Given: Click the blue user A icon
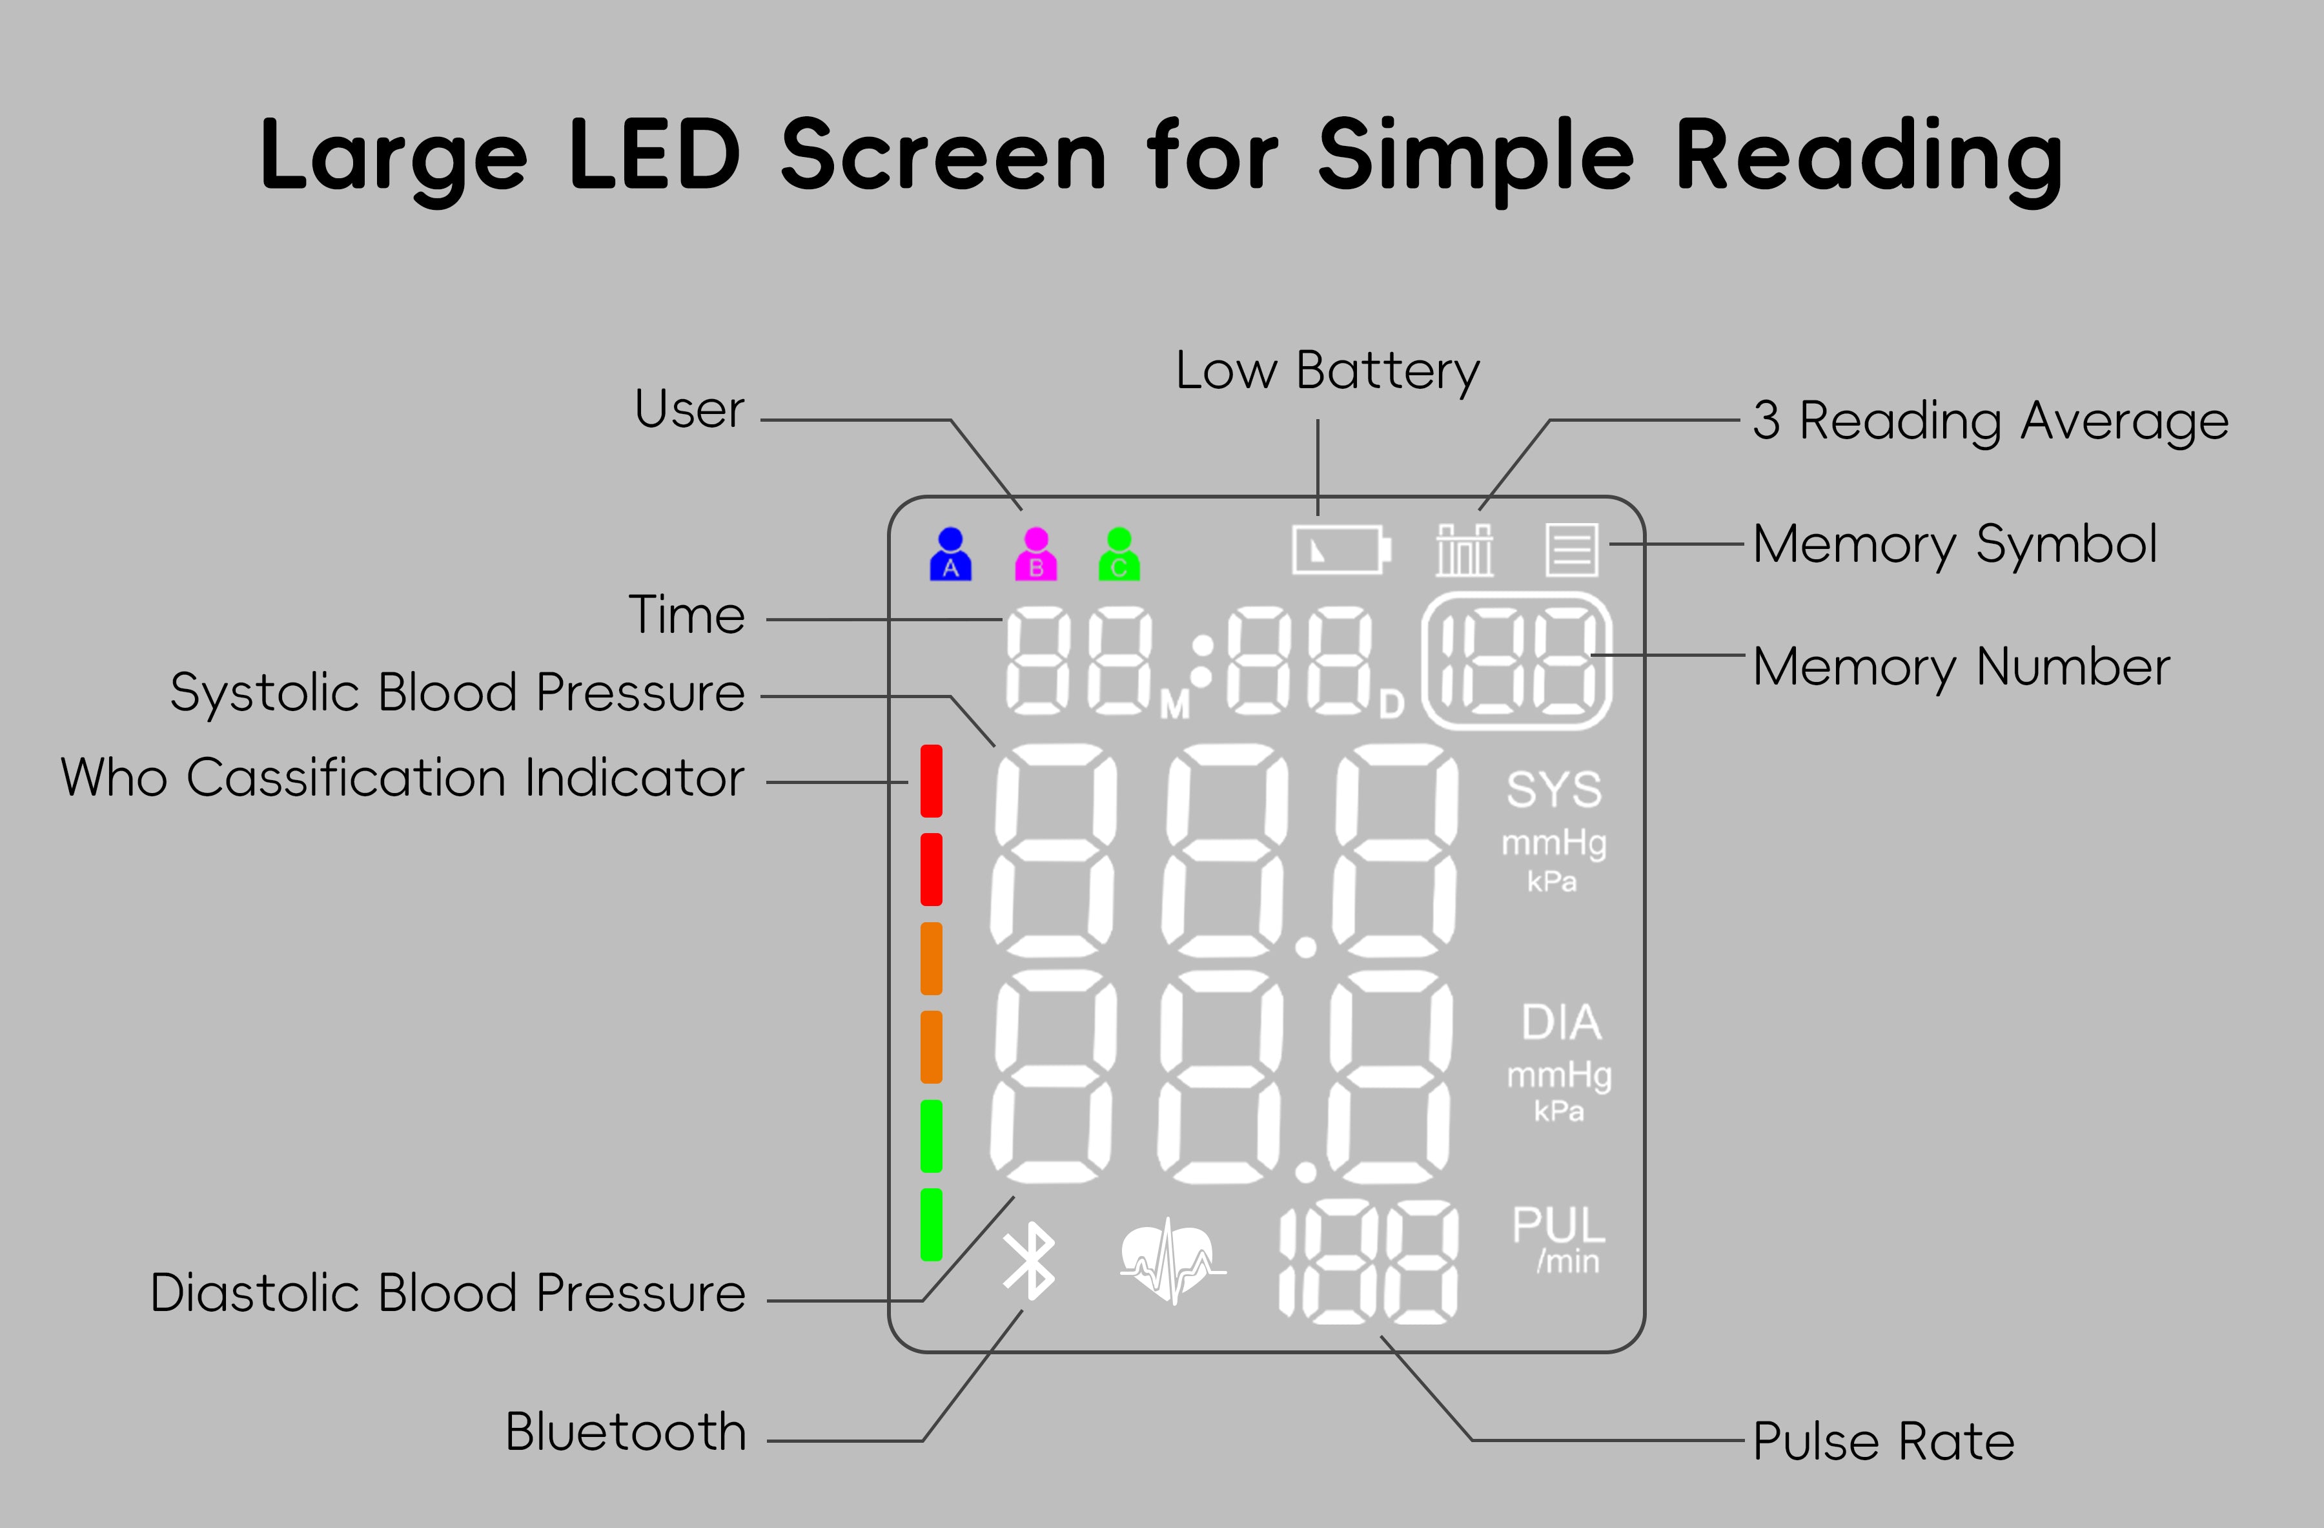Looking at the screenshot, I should [950, 555].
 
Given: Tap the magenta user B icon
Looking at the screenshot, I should [1036, 555].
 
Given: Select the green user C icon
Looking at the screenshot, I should [1119, 555].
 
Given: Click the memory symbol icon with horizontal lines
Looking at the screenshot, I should [1571, 550].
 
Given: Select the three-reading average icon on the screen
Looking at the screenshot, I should [1463, 550].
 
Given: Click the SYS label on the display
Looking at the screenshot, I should [1554, 789].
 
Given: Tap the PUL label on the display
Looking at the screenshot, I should [1558, 1225].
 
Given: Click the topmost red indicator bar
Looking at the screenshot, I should [932, 781].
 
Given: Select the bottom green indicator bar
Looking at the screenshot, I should [932, 1224].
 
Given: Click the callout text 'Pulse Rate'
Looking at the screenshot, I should [1882, 1441].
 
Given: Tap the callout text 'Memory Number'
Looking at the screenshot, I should [1961, 667].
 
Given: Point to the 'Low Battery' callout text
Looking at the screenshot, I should [1327, 371].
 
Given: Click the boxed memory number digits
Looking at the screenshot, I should [1516, 661].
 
